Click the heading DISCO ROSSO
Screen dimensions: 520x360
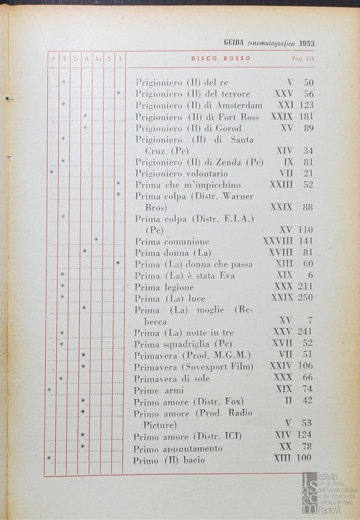tap(221, 59)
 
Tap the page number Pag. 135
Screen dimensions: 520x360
tap(303, 59)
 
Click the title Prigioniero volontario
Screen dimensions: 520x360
tap(181, 173)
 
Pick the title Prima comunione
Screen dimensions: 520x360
tap(172, 242)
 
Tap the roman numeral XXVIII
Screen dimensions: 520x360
tap(278, 241)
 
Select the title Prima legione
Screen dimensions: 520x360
tap(164, 287)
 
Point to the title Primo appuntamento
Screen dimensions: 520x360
tap(178, 449)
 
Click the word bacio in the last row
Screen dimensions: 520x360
tap(194, 460)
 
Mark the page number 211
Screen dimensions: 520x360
tap(305, 286)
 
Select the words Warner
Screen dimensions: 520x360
tap(238, 196)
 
